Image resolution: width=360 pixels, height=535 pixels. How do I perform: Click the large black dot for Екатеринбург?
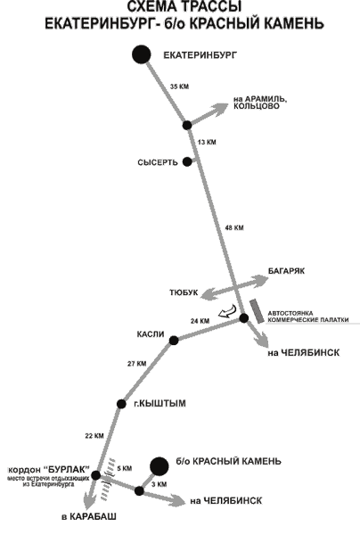tap(142, 54)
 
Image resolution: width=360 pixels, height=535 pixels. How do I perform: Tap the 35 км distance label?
tap(179, 86)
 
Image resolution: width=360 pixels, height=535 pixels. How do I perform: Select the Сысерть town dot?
tap(187, 161)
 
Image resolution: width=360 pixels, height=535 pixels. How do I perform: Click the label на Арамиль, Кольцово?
tap(260, 103)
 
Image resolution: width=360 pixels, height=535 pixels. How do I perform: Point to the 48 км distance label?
tap(234, 227)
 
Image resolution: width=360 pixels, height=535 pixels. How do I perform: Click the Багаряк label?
tap(286, 271)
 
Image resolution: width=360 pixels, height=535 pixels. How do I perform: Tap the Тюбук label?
tap(184, 292)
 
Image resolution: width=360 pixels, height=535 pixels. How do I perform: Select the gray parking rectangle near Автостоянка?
tap(257, 311)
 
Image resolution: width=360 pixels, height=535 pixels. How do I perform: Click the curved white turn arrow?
tap(227, 311)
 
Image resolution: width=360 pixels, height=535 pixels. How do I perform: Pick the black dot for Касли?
tap(174, 341)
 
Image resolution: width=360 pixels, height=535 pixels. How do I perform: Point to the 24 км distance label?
tap(200, 321)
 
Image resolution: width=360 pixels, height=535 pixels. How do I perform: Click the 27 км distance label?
tap(136, 364)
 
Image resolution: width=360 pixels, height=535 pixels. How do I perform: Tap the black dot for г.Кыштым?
tap(121, 404)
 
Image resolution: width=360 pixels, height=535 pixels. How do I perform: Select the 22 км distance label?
tap(94, 436)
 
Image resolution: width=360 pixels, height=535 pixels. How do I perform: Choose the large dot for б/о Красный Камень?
tap(160, 466)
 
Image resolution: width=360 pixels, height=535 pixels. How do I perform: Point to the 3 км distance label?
tap(159, 484)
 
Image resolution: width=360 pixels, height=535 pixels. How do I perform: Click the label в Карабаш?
tap(89, 516)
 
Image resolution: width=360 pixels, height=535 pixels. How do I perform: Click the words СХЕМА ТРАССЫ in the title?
tap(184, 7)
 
